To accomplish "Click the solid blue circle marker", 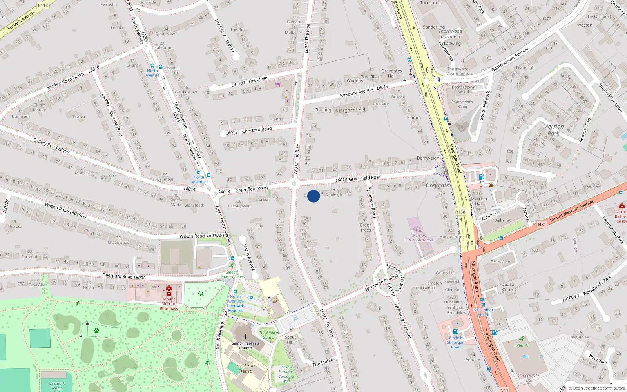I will [313, 196].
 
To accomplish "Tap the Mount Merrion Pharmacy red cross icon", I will [169, 290].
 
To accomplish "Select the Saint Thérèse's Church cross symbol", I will [245, 336].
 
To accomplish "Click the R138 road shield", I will [460, 212].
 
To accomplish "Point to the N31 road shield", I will [542, 225].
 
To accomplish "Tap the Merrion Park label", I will [553, 130].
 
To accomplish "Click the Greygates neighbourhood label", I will [439, 185].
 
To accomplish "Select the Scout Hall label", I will [290, 339].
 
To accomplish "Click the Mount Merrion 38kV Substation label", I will [419, 235].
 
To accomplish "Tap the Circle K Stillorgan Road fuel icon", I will [455, 332].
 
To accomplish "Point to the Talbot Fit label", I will [522, 345].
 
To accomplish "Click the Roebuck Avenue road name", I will [357, 92].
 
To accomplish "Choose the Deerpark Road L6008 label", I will [124, 276].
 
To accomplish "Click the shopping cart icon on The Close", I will [278, 84].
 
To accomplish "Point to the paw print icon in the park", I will [96, 330].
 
